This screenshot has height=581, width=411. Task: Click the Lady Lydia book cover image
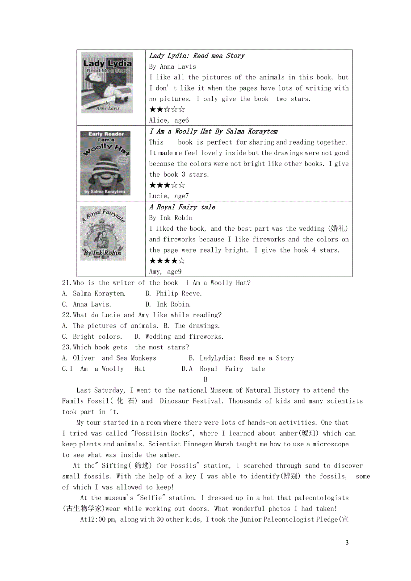(107, 83)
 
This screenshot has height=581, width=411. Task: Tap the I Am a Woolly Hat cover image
(105, 163)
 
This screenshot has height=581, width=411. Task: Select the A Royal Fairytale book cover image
(103, 233)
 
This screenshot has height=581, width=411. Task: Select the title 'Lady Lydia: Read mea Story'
(197, 56)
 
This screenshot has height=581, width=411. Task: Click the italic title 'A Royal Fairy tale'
(182, 207)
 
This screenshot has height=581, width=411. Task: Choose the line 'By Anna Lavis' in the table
(172, 66)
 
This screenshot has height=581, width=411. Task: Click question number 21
(67, 283)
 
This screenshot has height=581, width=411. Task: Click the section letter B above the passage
(205, 380)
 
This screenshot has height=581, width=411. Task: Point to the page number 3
(347, 543)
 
